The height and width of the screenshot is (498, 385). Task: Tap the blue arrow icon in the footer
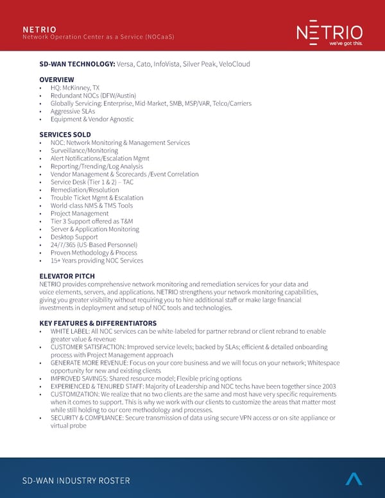point(354,479)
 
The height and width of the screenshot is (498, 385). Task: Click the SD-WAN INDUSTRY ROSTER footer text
point(76,481)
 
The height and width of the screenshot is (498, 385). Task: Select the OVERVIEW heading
point(56,80)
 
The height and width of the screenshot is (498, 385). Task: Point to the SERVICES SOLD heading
point(65,135)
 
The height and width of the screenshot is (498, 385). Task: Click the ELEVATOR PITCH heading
point(67,276)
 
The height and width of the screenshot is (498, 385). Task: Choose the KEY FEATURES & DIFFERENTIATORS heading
point(98,323)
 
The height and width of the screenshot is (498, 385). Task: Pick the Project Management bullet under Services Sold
point(80,214)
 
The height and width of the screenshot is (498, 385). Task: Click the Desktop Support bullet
point(74,237)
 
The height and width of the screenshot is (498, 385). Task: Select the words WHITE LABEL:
point(69,331)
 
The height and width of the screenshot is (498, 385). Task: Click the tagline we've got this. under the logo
point(346,44)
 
